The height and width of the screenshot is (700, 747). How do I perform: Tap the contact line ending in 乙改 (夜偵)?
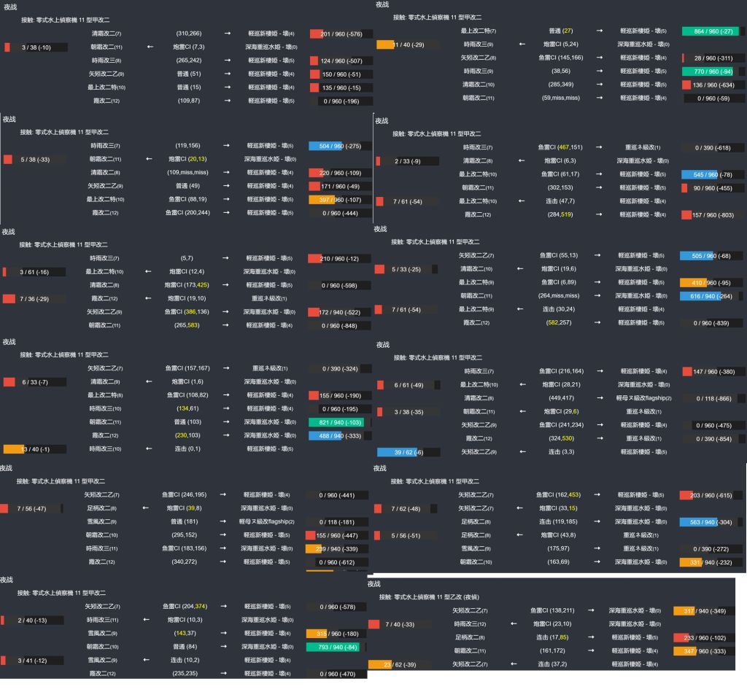(429, 597)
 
